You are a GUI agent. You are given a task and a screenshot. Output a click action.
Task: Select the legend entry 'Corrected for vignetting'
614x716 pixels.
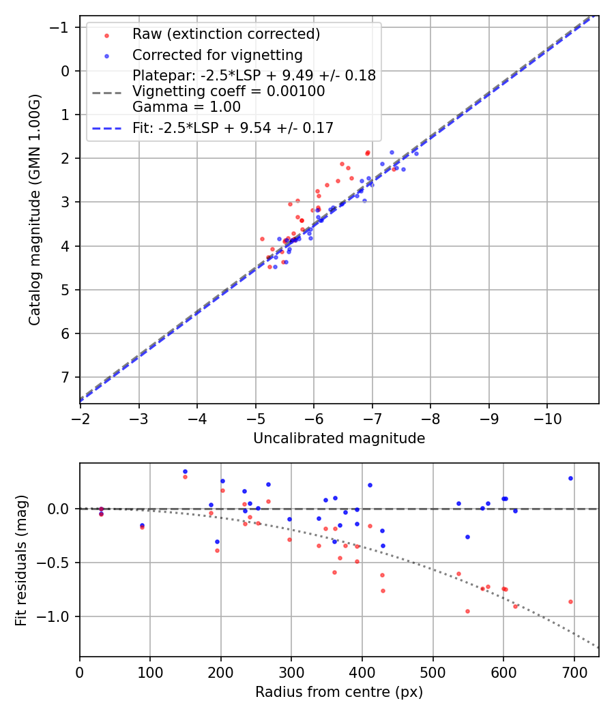(x=217, y=55)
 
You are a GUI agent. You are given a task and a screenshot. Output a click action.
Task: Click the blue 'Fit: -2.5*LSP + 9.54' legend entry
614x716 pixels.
(x=233, y=128)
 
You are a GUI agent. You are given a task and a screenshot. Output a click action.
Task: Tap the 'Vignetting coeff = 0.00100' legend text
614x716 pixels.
(x=229, y=91)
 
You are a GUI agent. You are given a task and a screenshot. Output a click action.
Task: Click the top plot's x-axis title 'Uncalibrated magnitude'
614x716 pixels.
(x=339, y=438)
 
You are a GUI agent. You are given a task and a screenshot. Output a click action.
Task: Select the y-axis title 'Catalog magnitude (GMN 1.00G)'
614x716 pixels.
(x=35, y=210)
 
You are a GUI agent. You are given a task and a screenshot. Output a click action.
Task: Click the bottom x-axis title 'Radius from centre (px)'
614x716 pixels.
(x=339, y=692)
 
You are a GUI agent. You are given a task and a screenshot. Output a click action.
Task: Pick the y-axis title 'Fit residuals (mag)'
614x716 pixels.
(x=21, y=560)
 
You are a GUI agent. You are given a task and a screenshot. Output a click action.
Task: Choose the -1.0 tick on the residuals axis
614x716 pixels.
(x=57, y=616)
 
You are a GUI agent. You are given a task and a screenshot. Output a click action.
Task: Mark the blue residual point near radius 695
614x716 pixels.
(x=570, y=478)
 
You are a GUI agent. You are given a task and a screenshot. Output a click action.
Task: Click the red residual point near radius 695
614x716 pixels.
(x=570, y=601)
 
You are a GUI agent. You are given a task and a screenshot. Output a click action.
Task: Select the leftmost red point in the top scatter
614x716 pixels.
(x=262, y=239)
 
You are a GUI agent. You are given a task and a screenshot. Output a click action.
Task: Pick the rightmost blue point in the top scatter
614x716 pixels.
(x=416, y=153)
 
